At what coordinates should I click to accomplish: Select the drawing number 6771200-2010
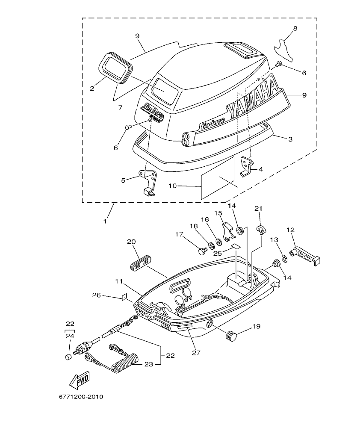tap(81, 396)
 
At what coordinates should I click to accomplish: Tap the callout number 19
tap(256, 326)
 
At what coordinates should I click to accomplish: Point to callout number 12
tap(291, 230)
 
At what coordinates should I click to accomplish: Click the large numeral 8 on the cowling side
tap(186, 139)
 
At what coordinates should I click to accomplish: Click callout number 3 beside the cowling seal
tap(290, 139)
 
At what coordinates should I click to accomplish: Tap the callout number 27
tap(195, 353)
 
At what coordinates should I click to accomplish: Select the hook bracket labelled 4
tap(246, 167)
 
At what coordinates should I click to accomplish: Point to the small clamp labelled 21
tap(260, 230)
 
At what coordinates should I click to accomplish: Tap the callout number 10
tap(172, 186)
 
